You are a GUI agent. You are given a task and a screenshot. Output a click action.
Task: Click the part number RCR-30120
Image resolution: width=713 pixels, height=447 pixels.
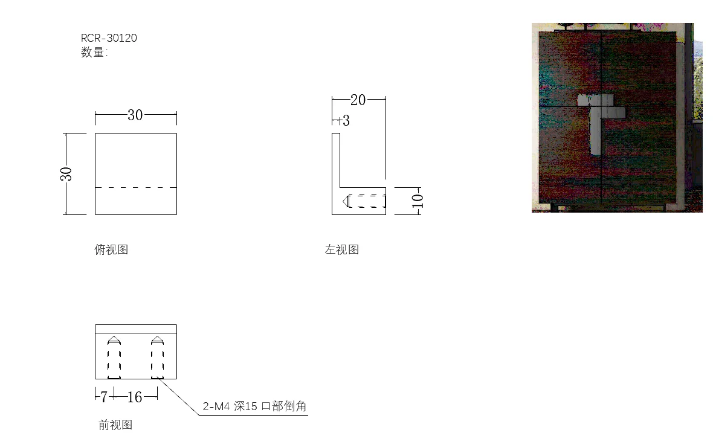109,38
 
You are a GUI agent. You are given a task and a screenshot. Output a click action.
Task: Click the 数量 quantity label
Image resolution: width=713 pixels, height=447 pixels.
94,53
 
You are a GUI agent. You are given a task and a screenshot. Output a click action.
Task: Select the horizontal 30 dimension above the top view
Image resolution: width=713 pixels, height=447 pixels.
135,115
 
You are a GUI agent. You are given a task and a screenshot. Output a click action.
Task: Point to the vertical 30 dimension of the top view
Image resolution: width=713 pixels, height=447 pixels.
66,174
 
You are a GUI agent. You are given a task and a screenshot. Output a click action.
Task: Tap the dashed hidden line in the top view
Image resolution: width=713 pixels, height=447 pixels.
136,187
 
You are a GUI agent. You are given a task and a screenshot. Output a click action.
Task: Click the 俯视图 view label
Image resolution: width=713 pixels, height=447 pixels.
111,249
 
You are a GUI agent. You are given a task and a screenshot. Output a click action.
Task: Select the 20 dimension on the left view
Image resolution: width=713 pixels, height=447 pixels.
358,100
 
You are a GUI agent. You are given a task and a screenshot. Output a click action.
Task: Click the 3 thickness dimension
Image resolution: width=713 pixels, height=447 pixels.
345,121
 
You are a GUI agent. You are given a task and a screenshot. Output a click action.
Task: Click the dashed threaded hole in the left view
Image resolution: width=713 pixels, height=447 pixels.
365,201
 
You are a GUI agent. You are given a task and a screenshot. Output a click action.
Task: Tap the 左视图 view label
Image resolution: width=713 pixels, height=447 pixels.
341,249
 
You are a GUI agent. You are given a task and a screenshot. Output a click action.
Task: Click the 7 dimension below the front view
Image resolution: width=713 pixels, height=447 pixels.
104,397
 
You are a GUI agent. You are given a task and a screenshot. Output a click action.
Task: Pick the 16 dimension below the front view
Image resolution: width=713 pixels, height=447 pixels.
135,397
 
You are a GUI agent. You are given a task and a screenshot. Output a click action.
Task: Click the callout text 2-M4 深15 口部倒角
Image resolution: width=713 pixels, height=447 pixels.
254,407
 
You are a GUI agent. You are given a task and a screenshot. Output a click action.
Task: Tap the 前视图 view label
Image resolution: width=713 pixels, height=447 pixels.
115,425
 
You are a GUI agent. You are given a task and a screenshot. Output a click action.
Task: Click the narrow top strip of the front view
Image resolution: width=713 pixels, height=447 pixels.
136,329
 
